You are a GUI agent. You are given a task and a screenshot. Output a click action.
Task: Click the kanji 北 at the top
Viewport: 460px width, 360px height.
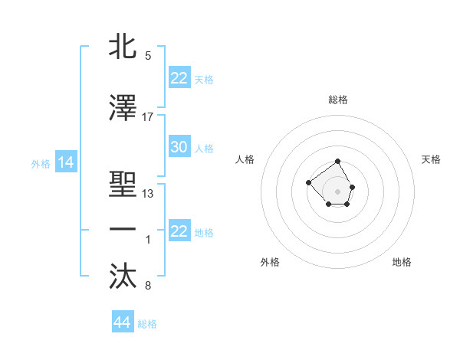pyautogui.click(x=123, y=47)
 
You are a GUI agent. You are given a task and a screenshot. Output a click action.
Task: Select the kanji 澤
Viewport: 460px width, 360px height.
pyautogui.click(x=123, y=109)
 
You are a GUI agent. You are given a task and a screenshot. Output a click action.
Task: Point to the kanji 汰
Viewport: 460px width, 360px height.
pyautogui.click(x=123, y=277)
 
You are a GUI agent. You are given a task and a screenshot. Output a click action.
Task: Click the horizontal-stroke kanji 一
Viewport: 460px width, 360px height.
pyautogui.click(x=123, y=230)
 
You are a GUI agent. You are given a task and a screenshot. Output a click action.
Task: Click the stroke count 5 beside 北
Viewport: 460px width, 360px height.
pyautogui.click(x=147, y=56)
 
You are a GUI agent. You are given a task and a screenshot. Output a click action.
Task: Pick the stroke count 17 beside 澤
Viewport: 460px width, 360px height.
pyautogui.click(x=148, y=117)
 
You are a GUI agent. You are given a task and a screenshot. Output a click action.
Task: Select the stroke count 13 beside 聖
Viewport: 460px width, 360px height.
pyautogui.click(x=148, y=193)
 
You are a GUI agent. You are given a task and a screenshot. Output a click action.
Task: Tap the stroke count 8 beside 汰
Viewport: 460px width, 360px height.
pyautogui.click(x=147, y=286)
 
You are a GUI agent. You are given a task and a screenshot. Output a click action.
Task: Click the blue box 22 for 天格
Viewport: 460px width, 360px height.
pyautogui.click(x=179, y=78)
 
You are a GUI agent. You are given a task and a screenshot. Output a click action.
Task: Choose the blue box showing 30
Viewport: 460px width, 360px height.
pyautogui.click(x=179, y=147)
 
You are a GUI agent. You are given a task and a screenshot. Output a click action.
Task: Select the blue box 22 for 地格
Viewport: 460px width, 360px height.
pyautogui.click(x=179, y=231)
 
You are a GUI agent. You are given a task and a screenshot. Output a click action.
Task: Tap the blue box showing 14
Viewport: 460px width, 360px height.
pyautogui.click(x=65, y=162)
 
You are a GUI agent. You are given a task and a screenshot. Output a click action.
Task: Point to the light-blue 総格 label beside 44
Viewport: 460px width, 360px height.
pyautogui.click(x=147, y=324)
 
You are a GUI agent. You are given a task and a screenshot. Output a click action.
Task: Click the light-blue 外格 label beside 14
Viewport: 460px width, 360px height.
pyautogui.click(x=40, y=163)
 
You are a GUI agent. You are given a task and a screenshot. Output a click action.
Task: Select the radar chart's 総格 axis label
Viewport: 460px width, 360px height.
pyautogui.click(x=338, y=100)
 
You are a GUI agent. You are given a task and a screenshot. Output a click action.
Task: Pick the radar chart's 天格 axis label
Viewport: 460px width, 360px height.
pyautogui.click(x=431, y=159)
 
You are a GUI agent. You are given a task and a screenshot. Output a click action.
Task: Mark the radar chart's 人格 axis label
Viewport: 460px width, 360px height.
pyautogui.click(x=245, y=159)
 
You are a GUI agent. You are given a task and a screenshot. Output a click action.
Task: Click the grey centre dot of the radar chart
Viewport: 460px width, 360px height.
pyautogui.click(x=338, y=191)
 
